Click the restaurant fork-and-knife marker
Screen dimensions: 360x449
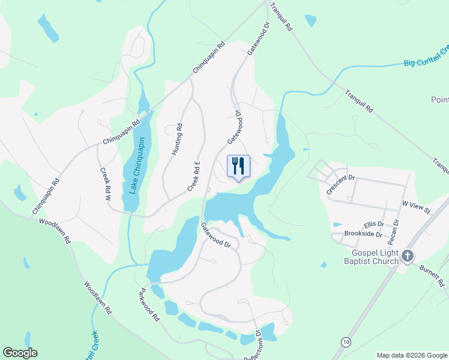[x=238, y=166]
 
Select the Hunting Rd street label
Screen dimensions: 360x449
[x=177, y=140]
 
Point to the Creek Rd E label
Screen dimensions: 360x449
[x=193, y=176]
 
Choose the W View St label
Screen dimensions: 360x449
[x=417, y=208]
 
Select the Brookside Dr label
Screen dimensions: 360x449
[x=363, y=234]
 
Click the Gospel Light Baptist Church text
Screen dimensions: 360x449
[x=371, y=257]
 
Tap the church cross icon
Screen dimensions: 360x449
[x=408, y=257]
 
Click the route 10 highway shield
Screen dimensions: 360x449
[x=346, y=341]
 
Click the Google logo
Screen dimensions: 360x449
[x=20, y=353]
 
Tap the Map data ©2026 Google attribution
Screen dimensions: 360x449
[x=412, y=355]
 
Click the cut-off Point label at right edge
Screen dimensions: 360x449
[x=440, y=100]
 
